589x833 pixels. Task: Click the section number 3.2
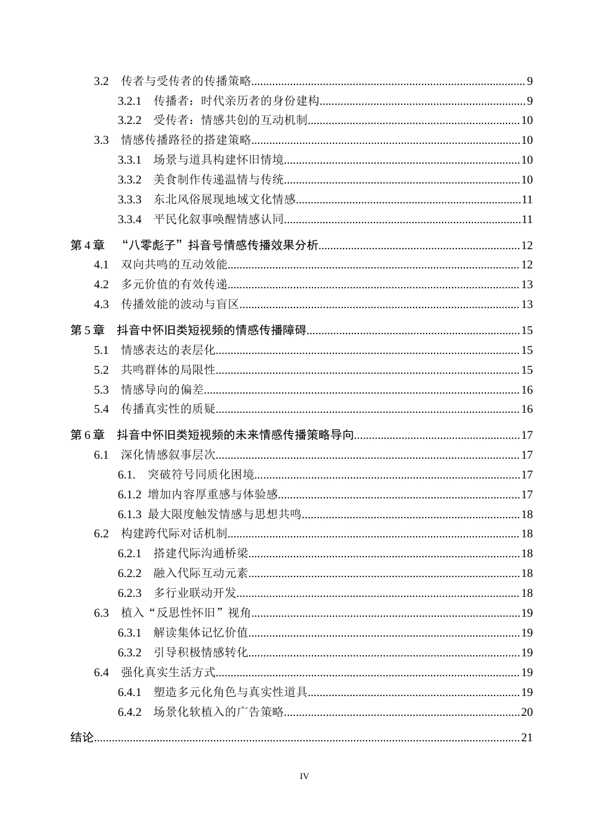tap(101, 81)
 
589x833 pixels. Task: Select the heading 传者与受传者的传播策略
tap(186, 81)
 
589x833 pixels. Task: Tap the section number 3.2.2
tap(130, 121)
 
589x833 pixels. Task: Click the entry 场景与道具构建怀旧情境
tap(219, 161)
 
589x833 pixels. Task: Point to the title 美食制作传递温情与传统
tap(219, 180)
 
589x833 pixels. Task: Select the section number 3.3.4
tap(130, 219)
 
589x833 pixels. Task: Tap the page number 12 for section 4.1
tap(527, 265)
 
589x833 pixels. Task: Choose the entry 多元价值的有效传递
tap(174, 285)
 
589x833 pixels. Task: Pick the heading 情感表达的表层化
tap(168, 351)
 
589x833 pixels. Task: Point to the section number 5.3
tap(101, 390)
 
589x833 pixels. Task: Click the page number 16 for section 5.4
tap(527, 410)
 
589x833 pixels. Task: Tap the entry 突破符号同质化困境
tap(201, 475)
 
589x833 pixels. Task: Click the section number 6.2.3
tap(130, 594)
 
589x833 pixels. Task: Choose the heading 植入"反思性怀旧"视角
tap(186, 614)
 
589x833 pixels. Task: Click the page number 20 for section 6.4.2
tap(527, 712)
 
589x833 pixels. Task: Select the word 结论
tap(82, 738)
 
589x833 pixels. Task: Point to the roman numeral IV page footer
tap(304, 777)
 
